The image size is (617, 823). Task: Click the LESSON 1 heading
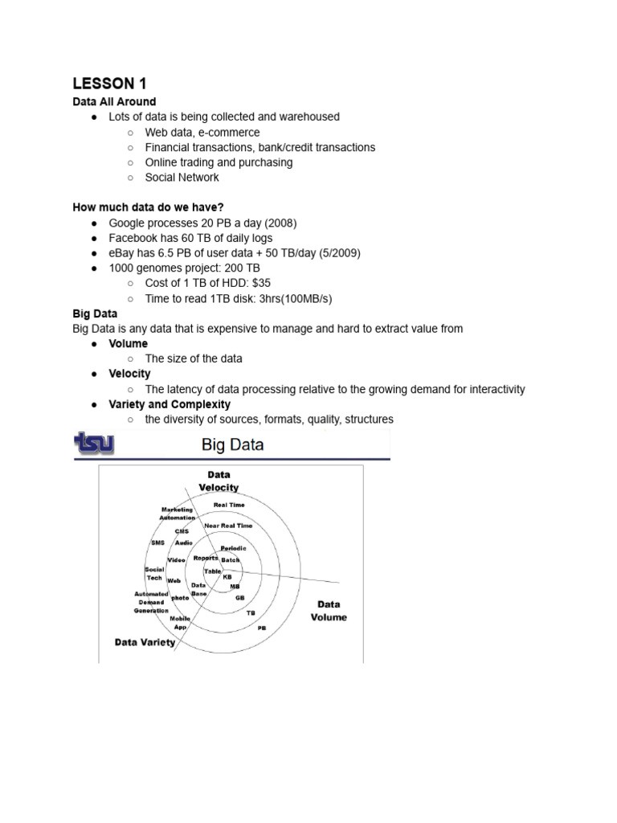(110, 83)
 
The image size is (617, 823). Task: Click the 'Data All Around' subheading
(114, 101)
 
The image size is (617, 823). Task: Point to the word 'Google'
(128, 223)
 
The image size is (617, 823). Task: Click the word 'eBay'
(122, 253)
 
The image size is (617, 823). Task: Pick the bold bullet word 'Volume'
(129, 344)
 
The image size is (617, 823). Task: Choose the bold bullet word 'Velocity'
(129, 374)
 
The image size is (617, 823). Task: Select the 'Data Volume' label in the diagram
(329, 611)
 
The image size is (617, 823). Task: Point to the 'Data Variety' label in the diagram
(145, 642)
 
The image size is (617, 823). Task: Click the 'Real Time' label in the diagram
(229, 505)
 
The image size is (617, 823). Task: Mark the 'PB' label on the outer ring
(262, 628)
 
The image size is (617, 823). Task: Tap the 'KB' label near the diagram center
(227, 577)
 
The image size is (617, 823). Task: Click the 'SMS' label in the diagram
(157, 543)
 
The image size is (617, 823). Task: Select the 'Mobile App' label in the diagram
(180, 622)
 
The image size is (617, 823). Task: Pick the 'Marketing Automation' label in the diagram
(177, 514)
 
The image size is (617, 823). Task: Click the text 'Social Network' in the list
(182, 177)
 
